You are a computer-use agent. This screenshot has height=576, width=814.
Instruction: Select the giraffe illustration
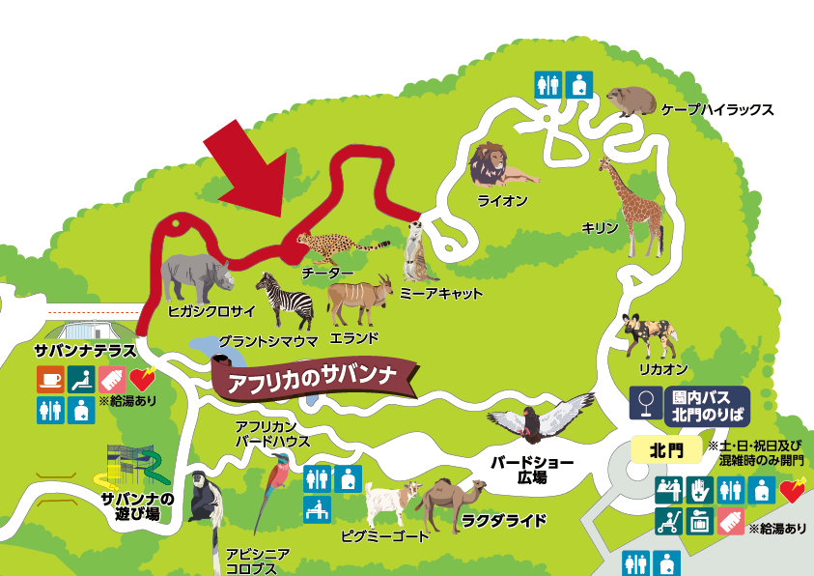630,206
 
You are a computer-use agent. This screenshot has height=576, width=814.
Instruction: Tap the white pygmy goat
390,504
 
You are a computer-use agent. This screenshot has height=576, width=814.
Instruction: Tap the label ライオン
502,201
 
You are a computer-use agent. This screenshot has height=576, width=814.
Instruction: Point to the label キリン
598,227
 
